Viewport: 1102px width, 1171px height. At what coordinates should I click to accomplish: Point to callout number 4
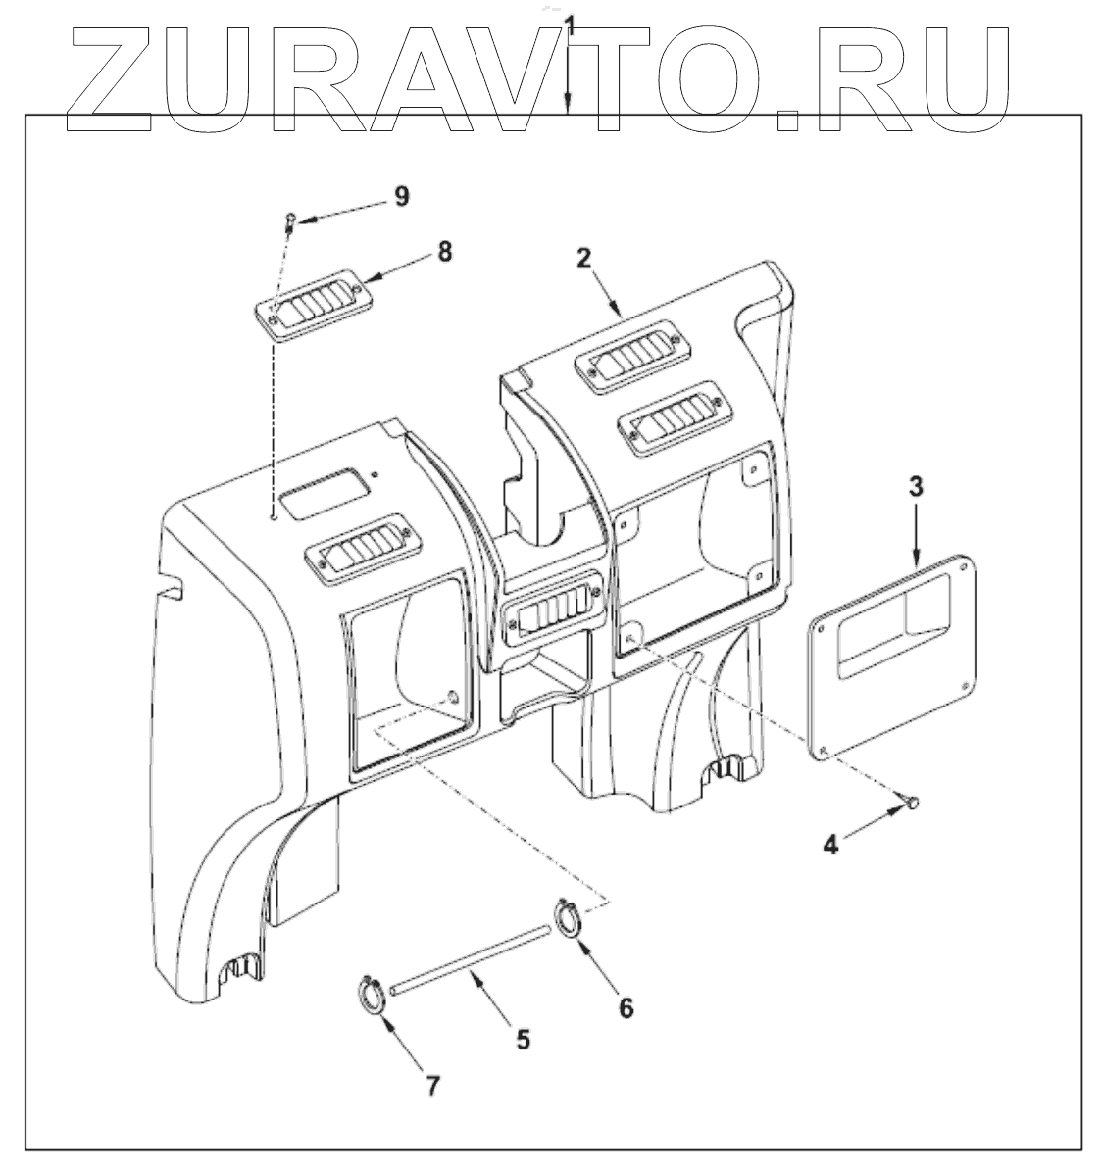830,844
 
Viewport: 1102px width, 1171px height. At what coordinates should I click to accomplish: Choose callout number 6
626,1005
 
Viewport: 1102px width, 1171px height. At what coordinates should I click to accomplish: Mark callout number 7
432,1084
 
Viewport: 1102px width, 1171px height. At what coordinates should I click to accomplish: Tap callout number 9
401,195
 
